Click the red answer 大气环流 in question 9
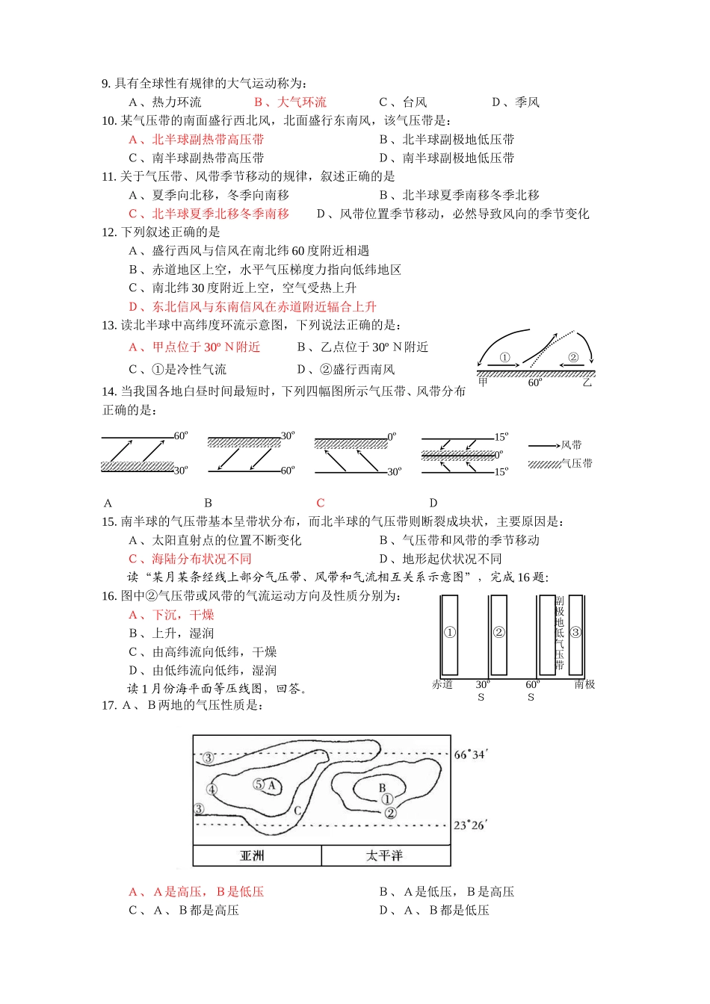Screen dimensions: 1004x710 click(290, 102)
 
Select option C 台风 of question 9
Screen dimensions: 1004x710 click(403, 102)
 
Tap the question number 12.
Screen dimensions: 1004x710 click(109, 232)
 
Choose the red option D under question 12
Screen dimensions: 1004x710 click(253, 307)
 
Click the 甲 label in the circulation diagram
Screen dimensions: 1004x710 click(483, 382)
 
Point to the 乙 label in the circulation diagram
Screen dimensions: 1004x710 click(587, 382)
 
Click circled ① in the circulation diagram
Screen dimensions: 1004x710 click(504, 358)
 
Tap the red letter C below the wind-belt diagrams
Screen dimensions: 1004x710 click(321, 503)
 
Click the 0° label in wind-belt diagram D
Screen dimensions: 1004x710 click(499, 454)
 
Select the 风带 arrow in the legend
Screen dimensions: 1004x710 click(543, 446)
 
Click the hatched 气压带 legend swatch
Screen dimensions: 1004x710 click(544, 464)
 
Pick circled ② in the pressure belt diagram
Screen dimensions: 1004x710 click(498, 632)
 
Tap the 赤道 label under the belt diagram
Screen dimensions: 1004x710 click(442, 684)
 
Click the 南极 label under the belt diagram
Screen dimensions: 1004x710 click(584, 684)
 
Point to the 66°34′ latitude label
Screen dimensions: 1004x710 click(470, 754)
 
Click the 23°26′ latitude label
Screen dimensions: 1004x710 click(470, 825)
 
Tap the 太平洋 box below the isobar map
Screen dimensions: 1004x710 click(386, 856)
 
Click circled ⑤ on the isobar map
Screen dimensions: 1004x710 click(259, 784)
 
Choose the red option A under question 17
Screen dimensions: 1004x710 click(197, 892)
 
